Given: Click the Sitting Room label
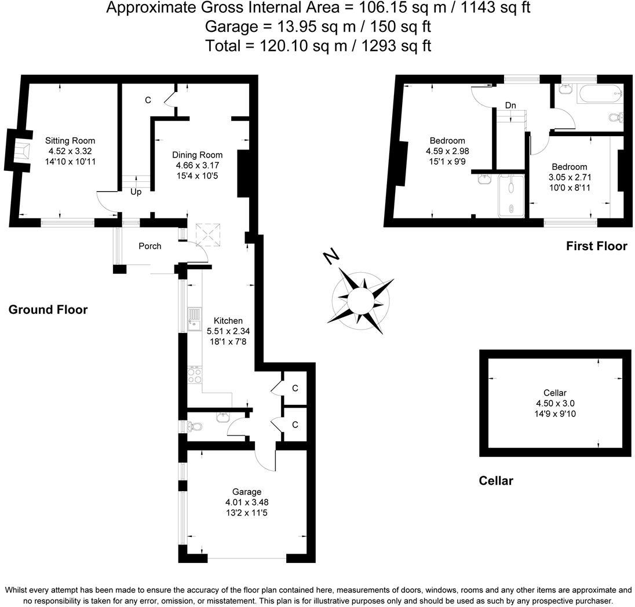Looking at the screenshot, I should [x=70, y=141].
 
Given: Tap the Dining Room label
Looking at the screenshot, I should [x=198, y=155].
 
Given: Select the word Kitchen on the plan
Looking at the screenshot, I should [x=228, y=321].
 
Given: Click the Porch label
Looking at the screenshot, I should [x=149, y=246].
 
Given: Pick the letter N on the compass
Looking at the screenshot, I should [x=331, y=255].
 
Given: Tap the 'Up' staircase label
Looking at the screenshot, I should [x=136, y=192].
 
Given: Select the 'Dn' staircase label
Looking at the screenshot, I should [x=510, y=105].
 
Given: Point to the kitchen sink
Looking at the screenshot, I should [x=193, y=320].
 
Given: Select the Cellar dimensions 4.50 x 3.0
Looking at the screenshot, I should [x=555, y=404].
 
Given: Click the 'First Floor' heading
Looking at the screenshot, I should [x=596, y=246].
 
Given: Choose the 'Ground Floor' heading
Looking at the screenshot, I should [x=48, y=310].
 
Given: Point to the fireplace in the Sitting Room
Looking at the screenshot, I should [x=20, y=151].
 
